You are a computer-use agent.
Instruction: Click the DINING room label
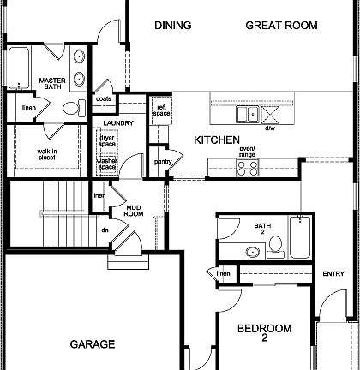coord(172,26)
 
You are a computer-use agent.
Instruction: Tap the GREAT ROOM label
coord(281,26)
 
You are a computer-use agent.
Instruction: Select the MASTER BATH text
coord(53,84)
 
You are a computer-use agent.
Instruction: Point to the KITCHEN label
coord(216,140)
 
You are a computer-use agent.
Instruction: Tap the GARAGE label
coord(92,344)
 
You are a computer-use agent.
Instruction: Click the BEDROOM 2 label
coord(264,333)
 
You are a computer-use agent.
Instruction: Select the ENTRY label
coord(333,274)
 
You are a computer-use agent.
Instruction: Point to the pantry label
coord(163,161)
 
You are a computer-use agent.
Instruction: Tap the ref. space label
coord(161,110)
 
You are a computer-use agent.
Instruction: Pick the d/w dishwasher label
coord(269,128)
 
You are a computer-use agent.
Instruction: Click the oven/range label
coord(248,152)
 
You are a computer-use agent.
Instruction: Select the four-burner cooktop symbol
coord(247,168)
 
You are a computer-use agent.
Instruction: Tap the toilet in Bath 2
coord(276,247)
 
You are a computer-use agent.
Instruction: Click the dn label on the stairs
coord(105,230)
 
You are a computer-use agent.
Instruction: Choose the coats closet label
coord(104,99)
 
